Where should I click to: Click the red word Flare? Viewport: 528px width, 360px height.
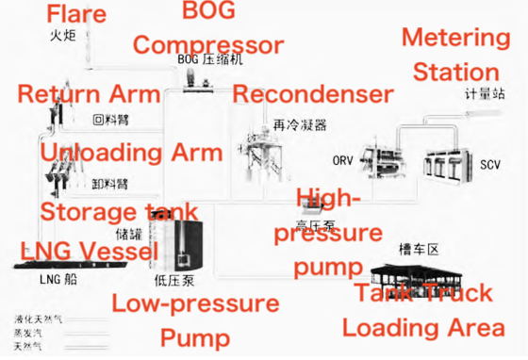coord(76,14)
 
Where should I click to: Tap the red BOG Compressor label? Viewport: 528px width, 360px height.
coord(208,30)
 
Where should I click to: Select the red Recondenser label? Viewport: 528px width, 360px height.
coord(312,93)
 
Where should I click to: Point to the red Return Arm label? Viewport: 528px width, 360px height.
coord(89,93)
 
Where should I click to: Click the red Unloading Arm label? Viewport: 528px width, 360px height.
coord(131,153)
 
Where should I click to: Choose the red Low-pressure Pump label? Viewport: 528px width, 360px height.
coord(195,319)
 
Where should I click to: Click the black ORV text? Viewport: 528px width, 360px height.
coord(344,160)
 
